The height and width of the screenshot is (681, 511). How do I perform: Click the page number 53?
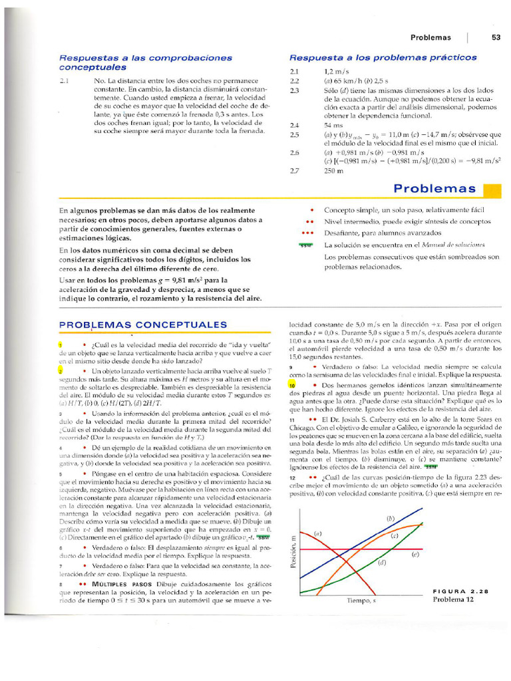(x=496, y=38)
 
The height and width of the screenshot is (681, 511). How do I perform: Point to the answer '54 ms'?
(x=333, y=124)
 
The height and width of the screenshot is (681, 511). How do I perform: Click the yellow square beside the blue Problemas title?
(x=491, y=192)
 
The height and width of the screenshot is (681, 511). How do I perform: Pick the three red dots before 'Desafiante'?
(x=307, y=233)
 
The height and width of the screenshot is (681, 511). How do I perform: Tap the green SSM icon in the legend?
(x=306, y=245)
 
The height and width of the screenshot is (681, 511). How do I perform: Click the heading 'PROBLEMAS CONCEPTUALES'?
(x=143, y=325)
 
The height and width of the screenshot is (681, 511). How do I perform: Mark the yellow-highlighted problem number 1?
(x=61, y=344)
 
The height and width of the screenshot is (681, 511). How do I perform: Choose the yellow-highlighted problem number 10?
(x=292, y=385)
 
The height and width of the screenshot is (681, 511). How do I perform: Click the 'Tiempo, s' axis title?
(x=361, y=601)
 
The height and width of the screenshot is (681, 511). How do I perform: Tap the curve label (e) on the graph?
(x=415, y=553)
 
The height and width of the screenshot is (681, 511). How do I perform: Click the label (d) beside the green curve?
(x=382, y=563)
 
